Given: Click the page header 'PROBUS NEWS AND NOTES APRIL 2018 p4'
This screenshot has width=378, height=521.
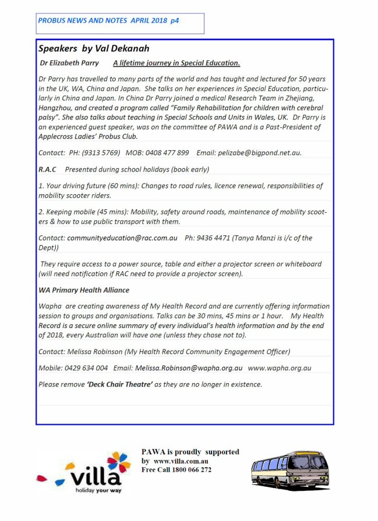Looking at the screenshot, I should pyautogui.click(x=109, y=20).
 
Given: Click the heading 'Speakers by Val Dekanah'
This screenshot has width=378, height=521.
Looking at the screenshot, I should pyautogui.click(x=94, y=48).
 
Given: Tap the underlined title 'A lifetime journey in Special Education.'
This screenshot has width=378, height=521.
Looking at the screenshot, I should pyautogui.click(x=177, y=63).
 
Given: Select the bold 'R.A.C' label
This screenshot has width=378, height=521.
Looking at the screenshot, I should pyautogui.click(x=47, y=169).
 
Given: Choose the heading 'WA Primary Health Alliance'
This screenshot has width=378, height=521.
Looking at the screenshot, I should pyautogui.click(x=84, y=290).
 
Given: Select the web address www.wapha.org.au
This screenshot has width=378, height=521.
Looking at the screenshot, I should pyautogui.click(x=280, y=367).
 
